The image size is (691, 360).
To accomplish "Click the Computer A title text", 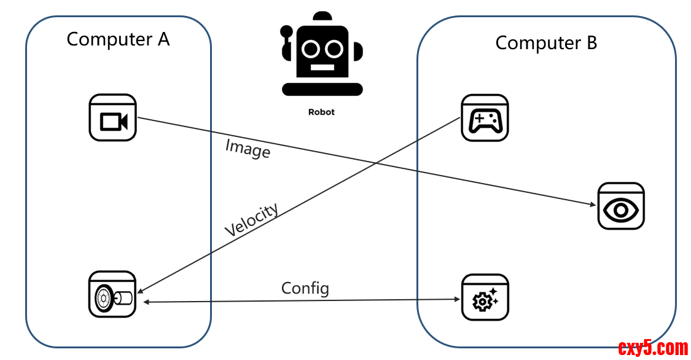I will point(118,39).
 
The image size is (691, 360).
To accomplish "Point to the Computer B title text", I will point(546,43).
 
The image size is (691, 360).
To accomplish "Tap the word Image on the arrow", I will point(248,148).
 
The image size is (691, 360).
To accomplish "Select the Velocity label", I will point(251,219).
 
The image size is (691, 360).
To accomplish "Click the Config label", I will point(305,288).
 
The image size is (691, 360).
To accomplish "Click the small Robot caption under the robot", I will point(321,112).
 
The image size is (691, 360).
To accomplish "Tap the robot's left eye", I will point(311,48).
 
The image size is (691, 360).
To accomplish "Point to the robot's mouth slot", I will point(322,67).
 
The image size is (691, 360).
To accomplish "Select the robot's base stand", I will point(322,90).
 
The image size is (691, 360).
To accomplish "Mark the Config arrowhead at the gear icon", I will point(457,299).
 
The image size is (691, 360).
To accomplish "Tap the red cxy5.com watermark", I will point(653,348).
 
